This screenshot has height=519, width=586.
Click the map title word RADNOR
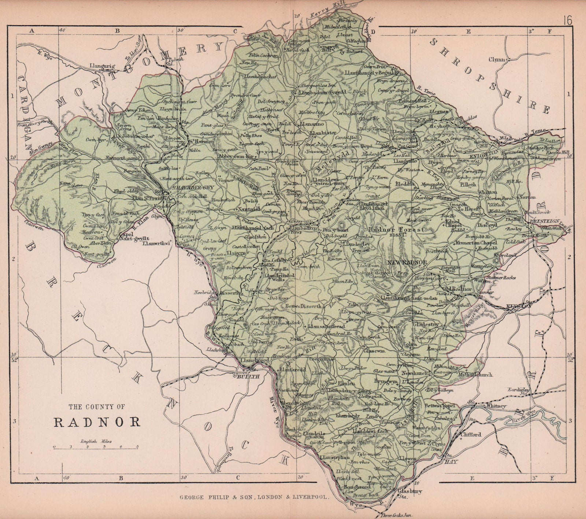click(x=97, y=422)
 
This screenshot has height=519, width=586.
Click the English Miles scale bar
click(x=96, y=447)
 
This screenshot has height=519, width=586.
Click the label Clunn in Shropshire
click(x=497, y=59)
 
